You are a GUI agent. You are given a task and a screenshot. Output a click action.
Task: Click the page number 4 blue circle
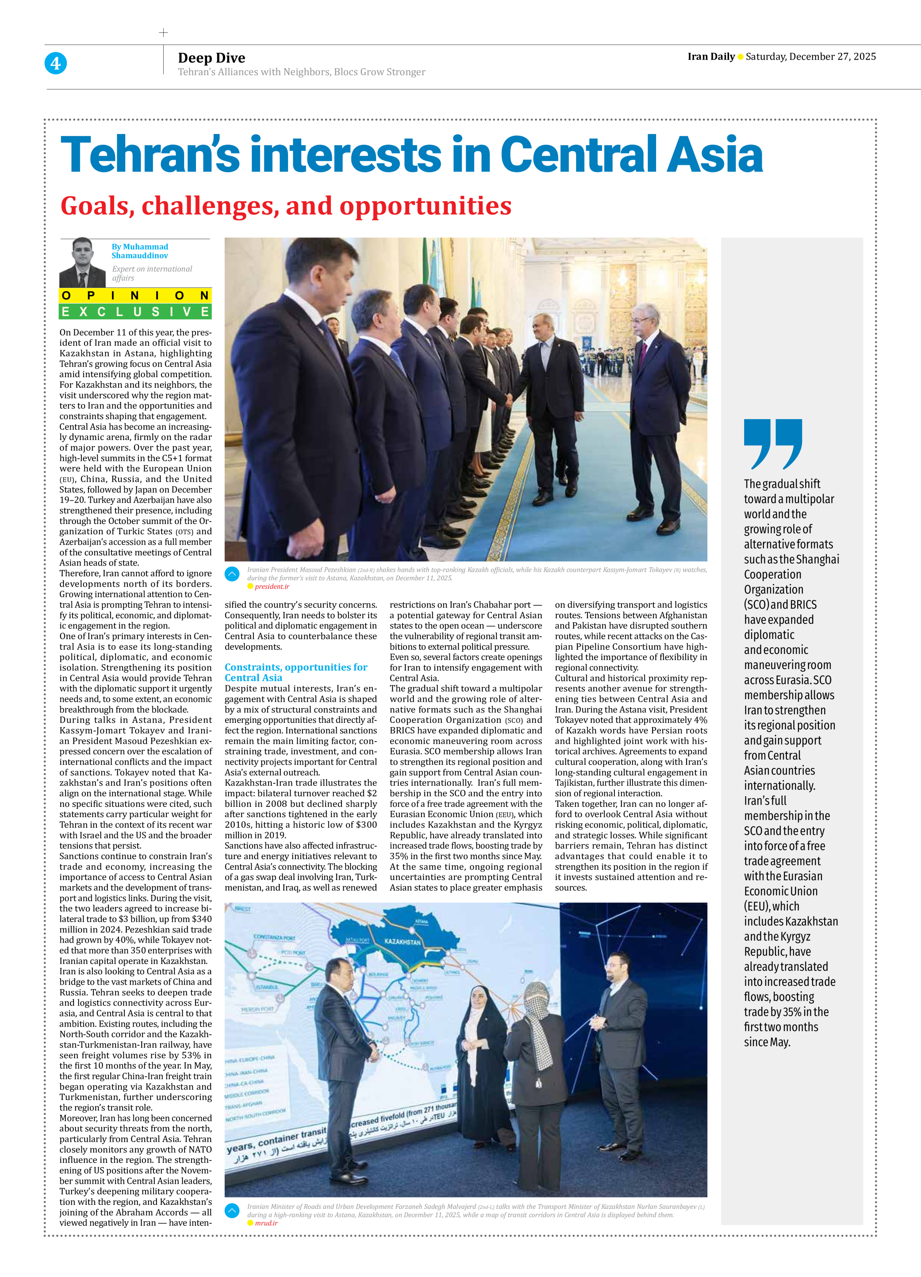point(55,63)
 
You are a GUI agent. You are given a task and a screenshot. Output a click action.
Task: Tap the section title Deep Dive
point(211,58)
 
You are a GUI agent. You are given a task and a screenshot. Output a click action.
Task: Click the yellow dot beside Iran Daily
point(740,57)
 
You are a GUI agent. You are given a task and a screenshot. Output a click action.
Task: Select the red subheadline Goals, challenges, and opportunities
point(286,206)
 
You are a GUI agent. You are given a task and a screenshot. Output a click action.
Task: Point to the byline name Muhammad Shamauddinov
point(140,251)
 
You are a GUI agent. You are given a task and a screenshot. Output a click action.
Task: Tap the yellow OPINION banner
point(135,296)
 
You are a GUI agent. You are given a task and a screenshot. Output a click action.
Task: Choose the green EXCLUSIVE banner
point(135,312)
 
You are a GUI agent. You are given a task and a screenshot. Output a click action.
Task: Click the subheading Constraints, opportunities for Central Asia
point(296,672)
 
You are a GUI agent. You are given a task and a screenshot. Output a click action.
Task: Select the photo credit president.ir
point(272,587)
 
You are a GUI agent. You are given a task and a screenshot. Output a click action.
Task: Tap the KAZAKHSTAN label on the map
point(402,942)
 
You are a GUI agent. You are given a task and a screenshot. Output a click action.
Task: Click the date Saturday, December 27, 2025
point(810,57)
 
